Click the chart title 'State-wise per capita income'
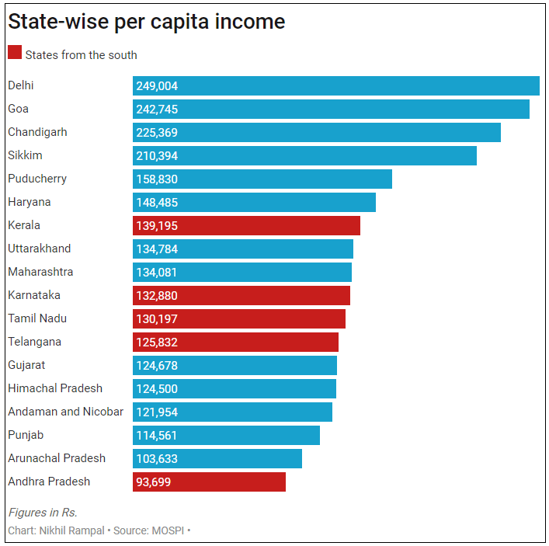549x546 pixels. click(x=146, y=22)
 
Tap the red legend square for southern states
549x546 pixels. click(x=15, y=53)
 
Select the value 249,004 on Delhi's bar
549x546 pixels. click(x=157, y=86)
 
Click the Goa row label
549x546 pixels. click(x=19, y=109)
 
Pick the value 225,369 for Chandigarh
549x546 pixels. click(x=157, y=133)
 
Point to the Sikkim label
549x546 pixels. click(x=25, y=155)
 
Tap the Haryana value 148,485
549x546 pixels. click(x=157, y=203)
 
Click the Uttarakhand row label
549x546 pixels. click(x=39, y=249)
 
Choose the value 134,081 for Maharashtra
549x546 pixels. click(x=157, y=273)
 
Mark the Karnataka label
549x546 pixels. click(x=34, y=295)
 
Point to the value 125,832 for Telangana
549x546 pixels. click(x=157, y=343)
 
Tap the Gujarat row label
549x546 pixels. click(x=26, y=365)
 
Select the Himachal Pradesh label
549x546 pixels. click(x=55, y=388)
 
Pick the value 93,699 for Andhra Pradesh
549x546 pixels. click(x=154, y=482)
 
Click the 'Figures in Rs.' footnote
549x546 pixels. click(x=43, y=513)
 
